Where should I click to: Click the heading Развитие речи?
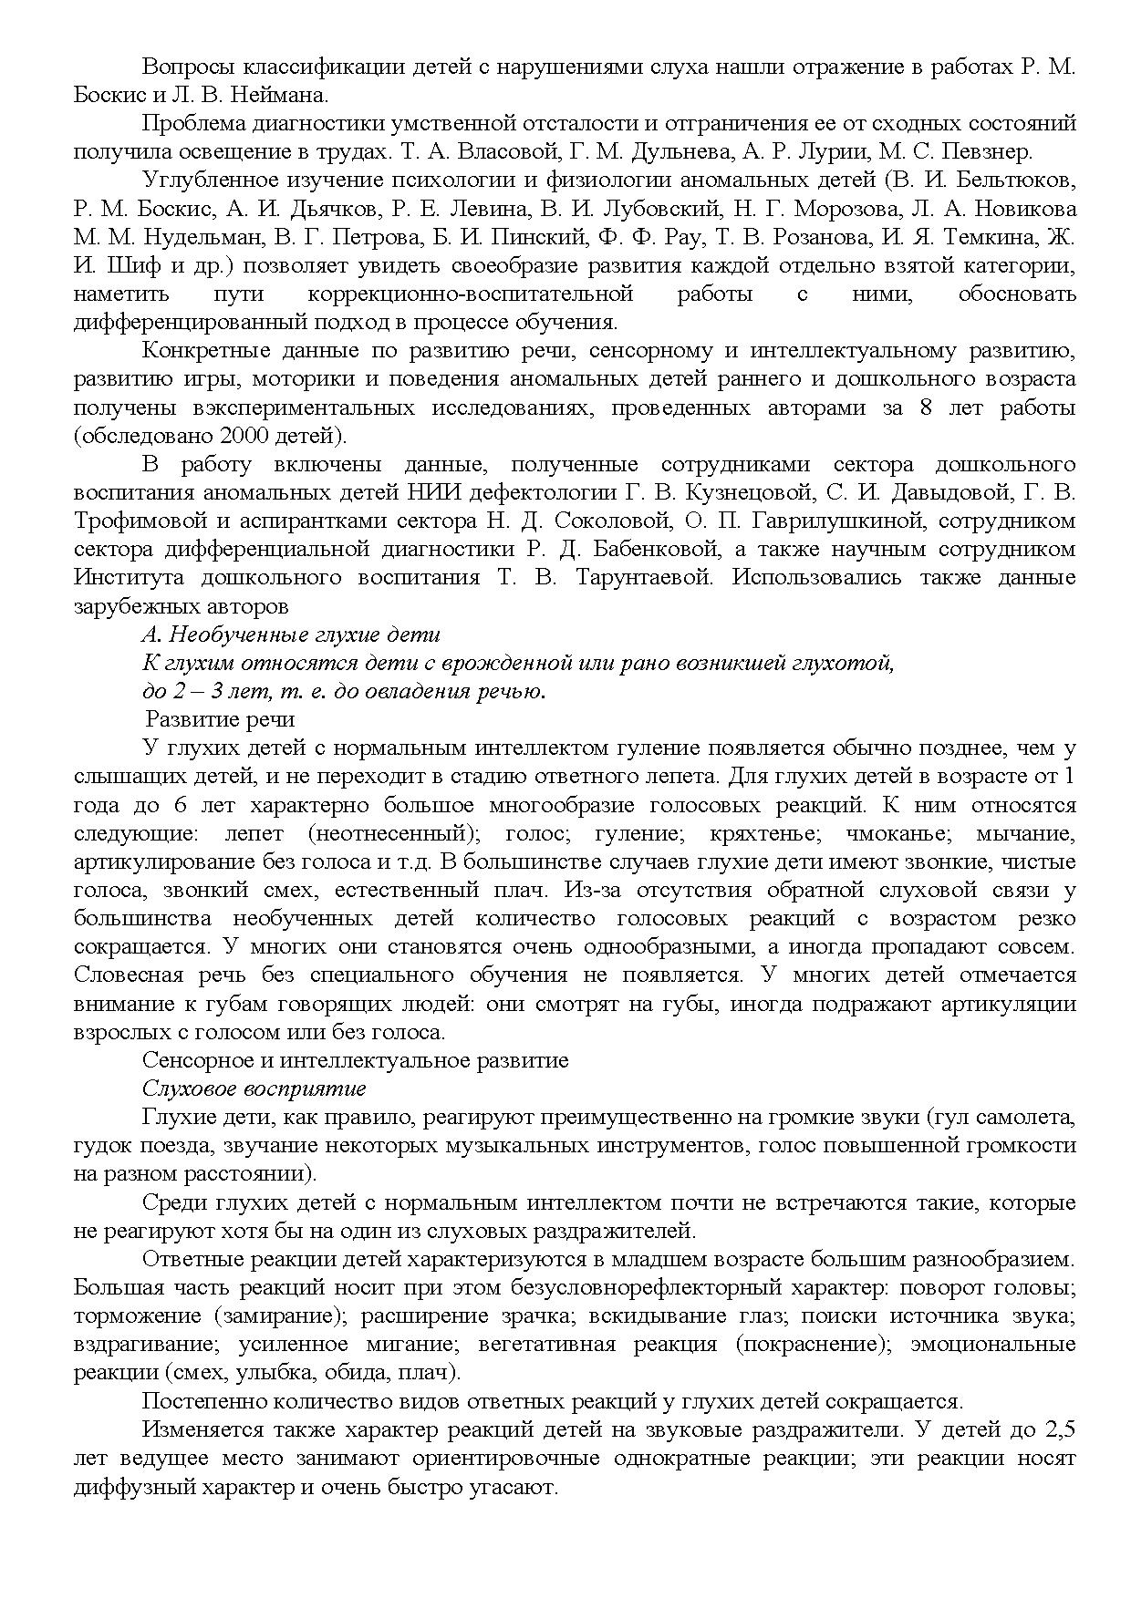point(220,720)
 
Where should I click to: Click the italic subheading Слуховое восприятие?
point(254,1089)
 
